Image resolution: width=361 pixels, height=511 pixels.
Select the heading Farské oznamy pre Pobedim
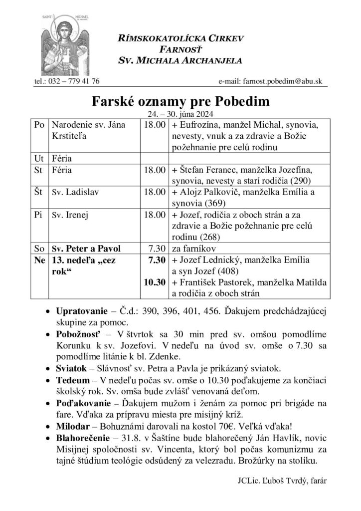tap(180, 102)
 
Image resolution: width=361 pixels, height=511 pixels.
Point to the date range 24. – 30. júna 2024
tap(180, 114)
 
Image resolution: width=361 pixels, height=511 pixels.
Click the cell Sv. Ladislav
tap(71, 192)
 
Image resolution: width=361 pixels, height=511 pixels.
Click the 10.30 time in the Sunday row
tap(154, 282)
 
